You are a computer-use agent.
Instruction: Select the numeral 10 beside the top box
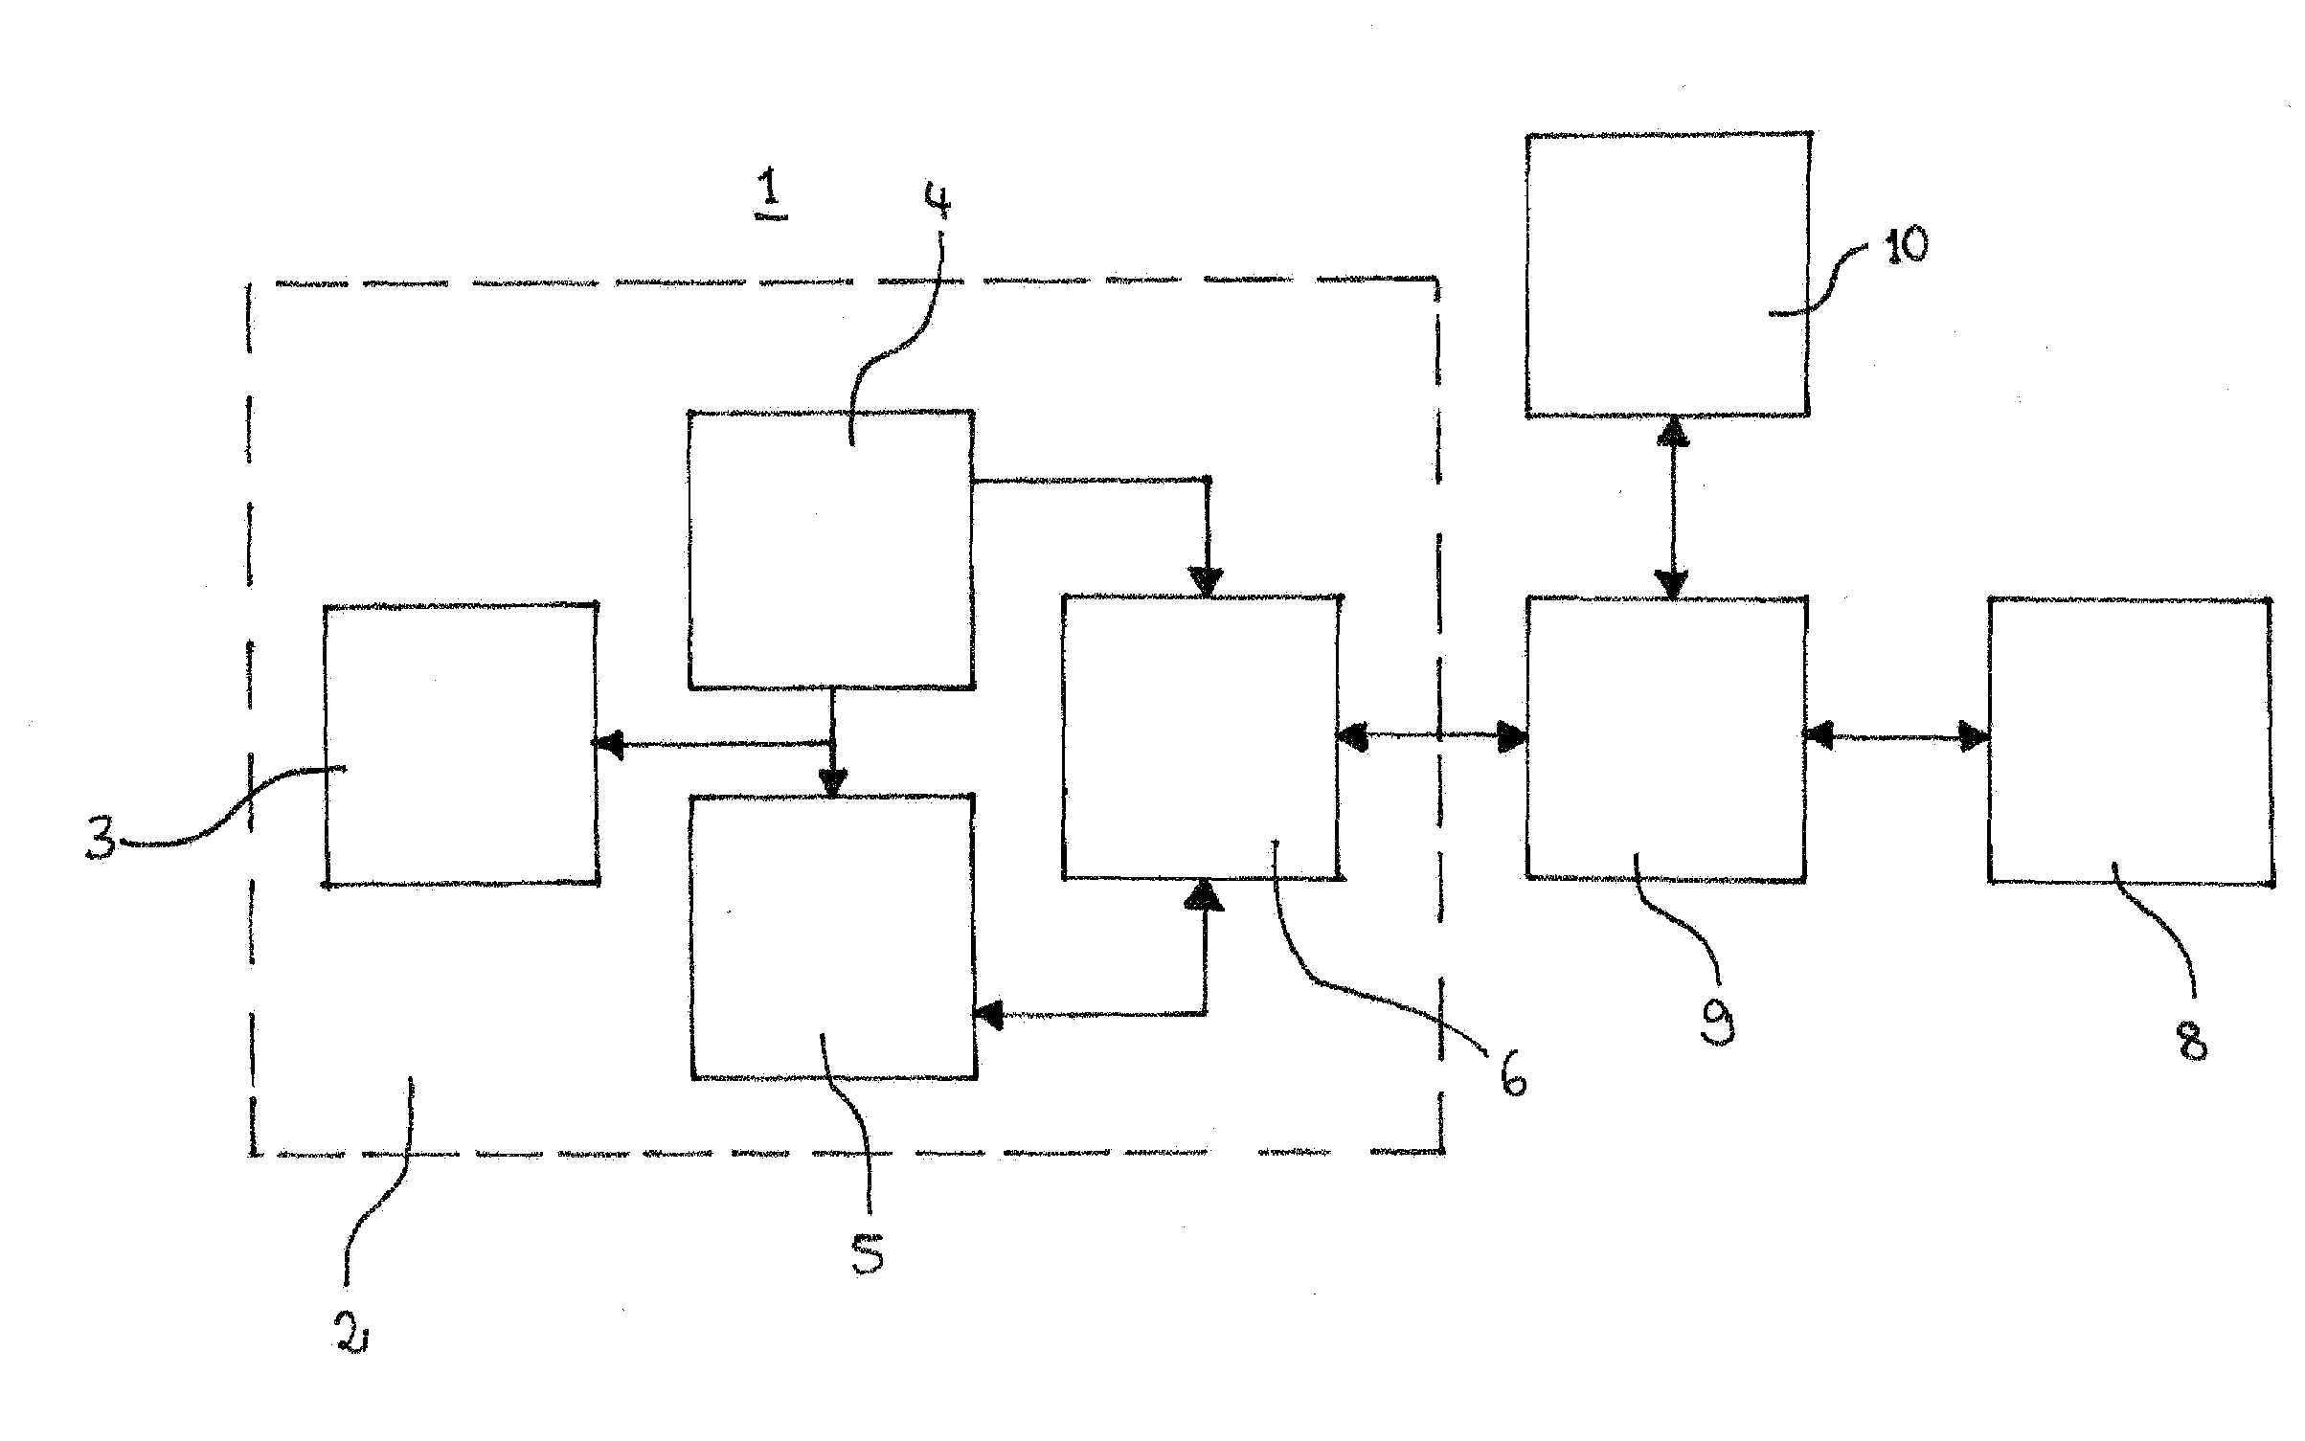click(1905, 246)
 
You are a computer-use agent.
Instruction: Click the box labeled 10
click(1667, 275)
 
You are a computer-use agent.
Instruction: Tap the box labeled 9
click(1666, 738)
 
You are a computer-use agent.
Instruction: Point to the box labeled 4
click(831, 550)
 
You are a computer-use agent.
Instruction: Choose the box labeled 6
click(1202, 736)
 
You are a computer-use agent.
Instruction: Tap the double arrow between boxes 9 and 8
click(1897, 737)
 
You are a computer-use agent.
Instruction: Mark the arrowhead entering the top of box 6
click(1207, 582)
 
